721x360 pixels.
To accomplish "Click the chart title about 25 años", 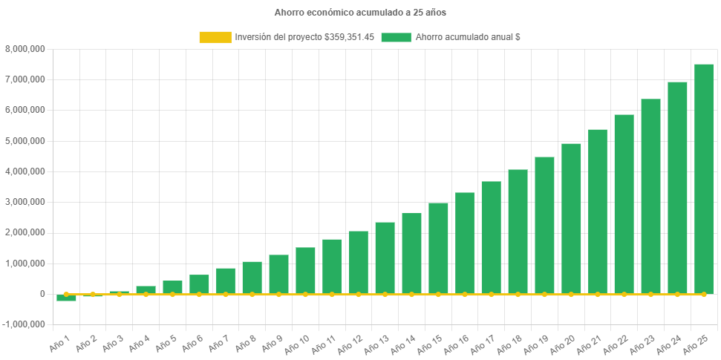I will [x=360, y=13].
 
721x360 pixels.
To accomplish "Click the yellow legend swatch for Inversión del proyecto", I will [x=215, y=37].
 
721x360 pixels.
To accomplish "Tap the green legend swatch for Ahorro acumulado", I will [x=396, y=37].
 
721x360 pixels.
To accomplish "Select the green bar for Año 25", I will [x=703, y=178].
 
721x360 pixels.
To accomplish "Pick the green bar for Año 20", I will [x=570, y=218].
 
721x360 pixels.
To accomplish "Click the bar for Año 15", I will [x=438, y=248].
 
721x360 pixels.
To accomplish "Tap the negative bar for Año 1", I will [x=66, y=298].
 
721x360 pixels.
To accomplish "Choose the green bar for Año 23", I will [x=650, y=196].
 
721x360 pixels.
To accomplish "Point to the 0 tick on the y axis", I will [x=42, y=294].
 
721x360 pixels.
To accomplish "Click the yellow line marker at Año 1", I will [x=66, y=294].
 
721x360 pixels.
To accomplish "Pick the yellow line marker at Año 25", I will [x=703, y=294].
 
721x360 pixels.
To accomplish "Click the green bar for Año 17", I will [x=491, y=237].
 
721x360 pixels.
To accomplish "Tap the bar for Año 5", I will [x=172, y=287].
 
